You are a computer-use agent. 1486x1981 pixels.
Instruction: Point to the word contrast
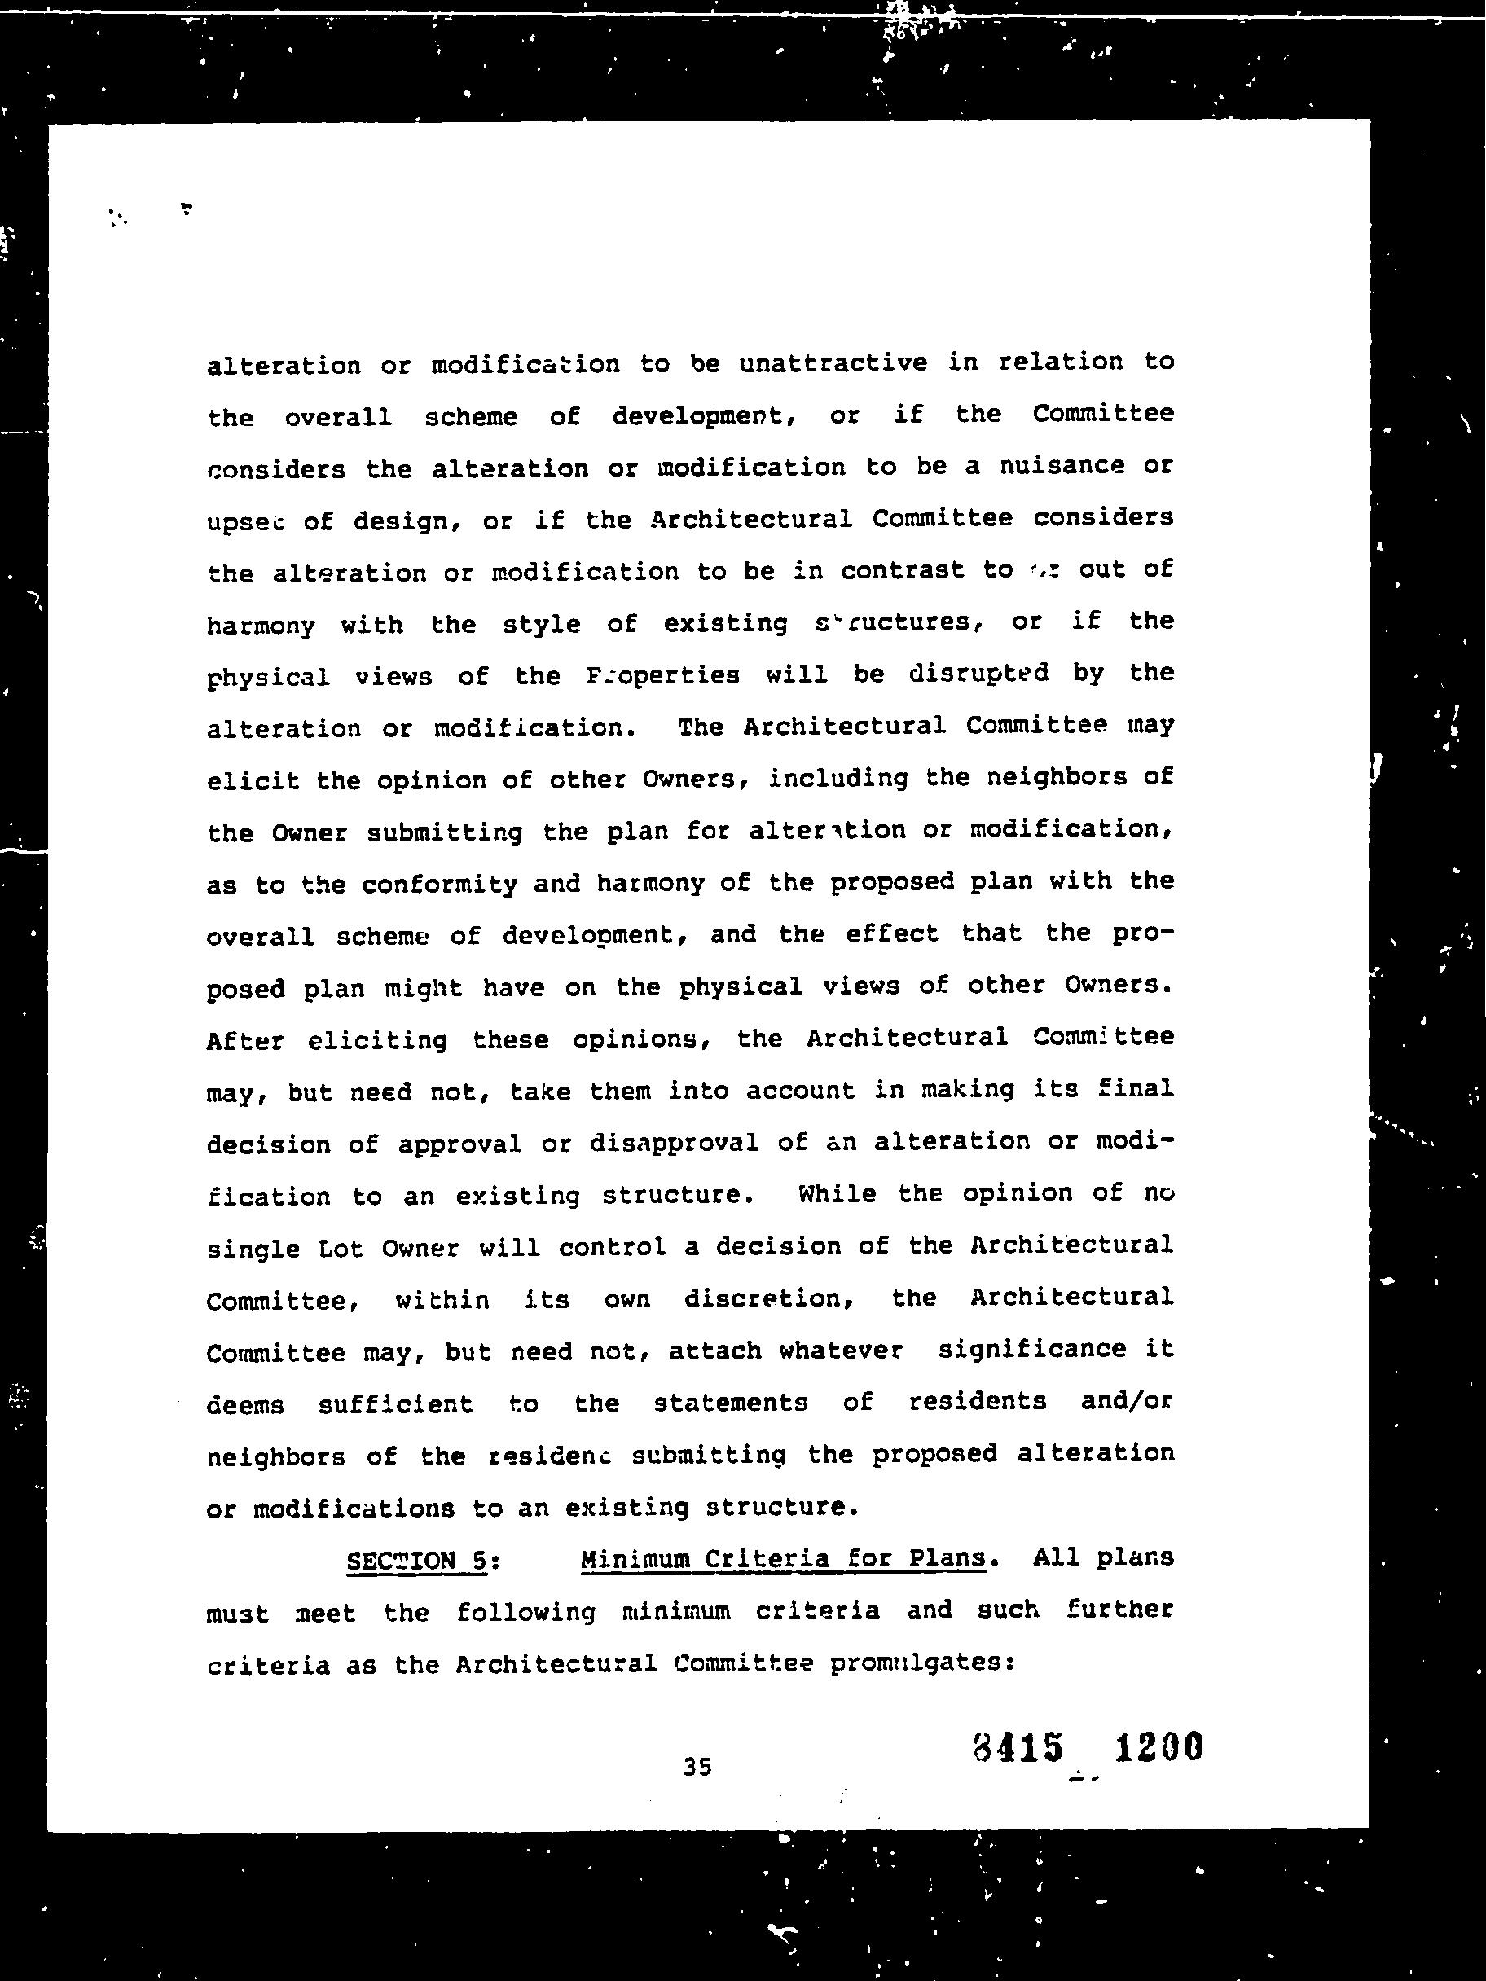click(x=902, y=570)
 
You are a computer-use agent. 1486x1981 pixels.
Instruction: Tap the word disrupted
click(x=978, y=674)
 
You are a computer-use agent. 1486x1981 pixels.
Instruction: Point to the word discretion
click(x=767, y=1299)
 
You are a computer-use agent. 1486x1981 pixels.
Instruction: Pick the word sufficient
click(x=395, y=1403)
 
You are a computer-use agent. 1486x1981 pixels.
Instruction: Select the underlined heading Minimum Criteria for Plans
click(x=783, y=1559)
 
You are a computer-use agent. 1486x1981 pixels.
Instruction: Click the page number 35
click(x=697, y=1767)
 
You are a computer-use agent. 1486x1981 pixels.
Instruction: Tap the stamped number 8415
click(x=1018, y=1747)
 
